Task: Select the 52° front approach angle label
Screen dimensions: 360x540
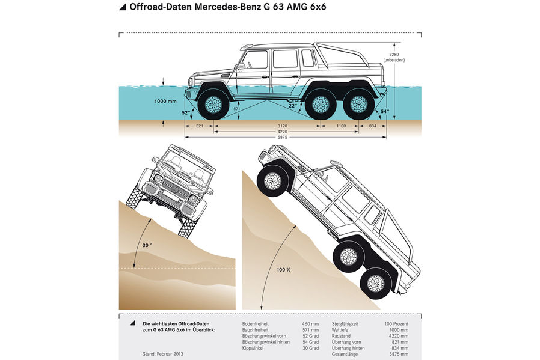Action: tap(186, 112)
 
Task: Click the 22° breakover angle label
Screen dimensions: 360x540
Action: tap(292, 106)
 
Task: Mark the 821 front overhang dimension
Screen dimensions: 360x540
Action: tap(201, 127)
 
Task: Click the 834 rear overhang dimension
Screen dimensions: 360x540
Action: tap(373, 127)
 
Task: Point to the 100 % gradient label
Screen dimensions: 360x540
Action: tap(283, 270)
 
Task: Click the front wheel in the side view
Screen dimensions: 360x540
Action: tap(213, 104)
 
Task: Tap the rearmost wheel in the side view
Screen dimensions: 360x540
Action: tap(359, 104)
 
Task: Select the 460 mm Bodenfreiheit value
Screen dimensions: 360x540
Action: tap(310, 323)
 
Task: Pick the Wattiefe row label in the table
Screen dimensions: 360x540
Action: tap(342, 329)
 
